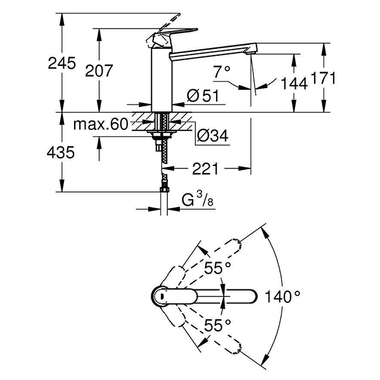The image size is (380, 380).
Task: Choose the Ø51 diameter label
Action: tap(203, 96)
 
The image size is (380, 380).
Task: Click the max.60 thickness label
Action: tap(101, 124)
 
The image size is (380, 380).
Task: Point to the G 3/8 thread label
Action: tap(198, 201)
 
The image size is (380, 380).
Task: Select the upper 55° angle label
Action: tap(218, 269)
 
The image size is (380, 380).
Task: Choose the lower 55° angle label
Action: tap(218, 324)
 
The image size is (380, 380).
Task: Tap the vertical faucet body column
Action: tap(161, 79)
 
